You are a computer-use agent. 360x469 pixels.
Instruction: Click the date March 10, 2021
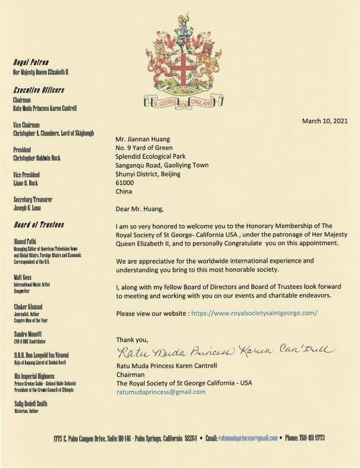[x=325, y=121]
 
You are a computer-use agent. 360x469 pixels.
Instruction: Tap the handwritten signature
[x=222, y=350]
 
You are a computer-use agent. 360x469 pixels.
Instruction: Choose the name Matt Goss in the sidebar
[x=23, y=277]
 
